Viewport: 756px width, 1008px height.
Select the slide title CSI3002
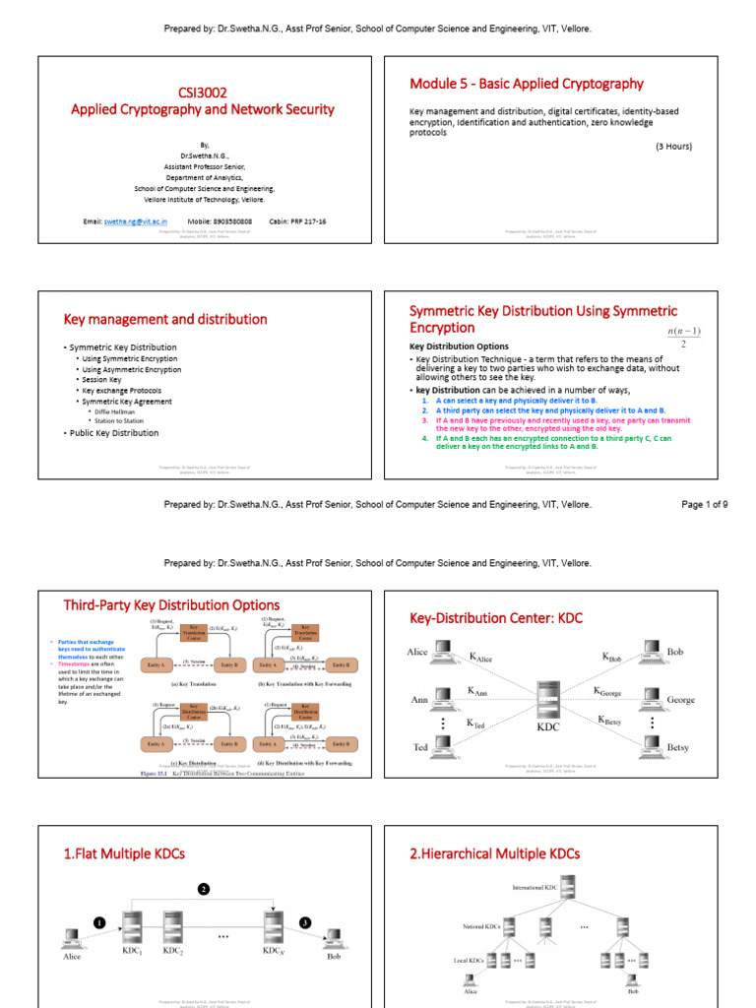[x=202, y=92]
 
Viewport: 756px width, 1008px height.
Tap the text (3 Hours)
[x=674, y=146]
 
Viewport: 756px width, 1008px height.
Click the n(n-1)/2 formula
[x=683, y=338]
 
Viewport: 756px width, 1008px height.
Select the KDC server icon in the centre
[x=548, y=701]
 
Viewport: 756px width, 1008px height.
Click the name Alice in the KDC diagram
[x=417, y=652]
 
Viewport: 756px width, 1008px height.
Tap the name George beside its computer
[x=680, y=700]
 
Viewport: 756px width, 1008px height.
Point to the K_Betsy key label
[x=609, y=720]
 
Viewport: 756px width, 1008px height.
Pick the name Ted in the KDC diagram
[x=420, y=748]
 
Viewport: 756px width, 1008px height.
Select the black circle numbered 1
[x=99, y=923]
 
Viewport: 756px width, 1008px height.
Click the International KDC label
[x=535, y=888]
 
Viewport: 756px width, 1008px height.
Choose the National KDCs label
[x=482, y=926]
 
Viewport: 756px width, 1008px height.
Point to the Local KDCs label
[x=473, y=959]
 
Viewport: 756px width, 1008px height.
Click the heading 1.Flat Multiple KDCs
[x=124, y=853]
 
